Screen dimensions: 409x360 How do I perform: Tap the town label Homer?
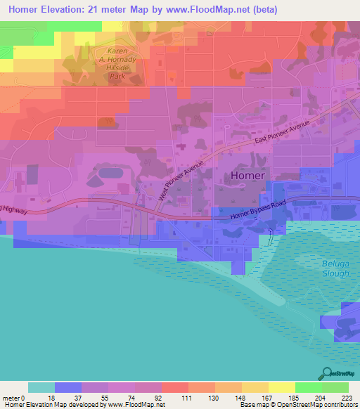pyautogui.click(x=245, y=176)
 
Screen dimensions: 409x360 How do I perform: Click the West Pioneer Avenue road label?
pyautogui.click(x=181, y=180)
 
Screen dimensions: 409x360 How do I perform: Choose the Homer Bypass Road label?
pyautogui.click(x=261, y=216)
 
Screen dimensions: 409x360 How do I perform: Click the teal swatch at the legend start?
pyautogui.click(x=41, y=387)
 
